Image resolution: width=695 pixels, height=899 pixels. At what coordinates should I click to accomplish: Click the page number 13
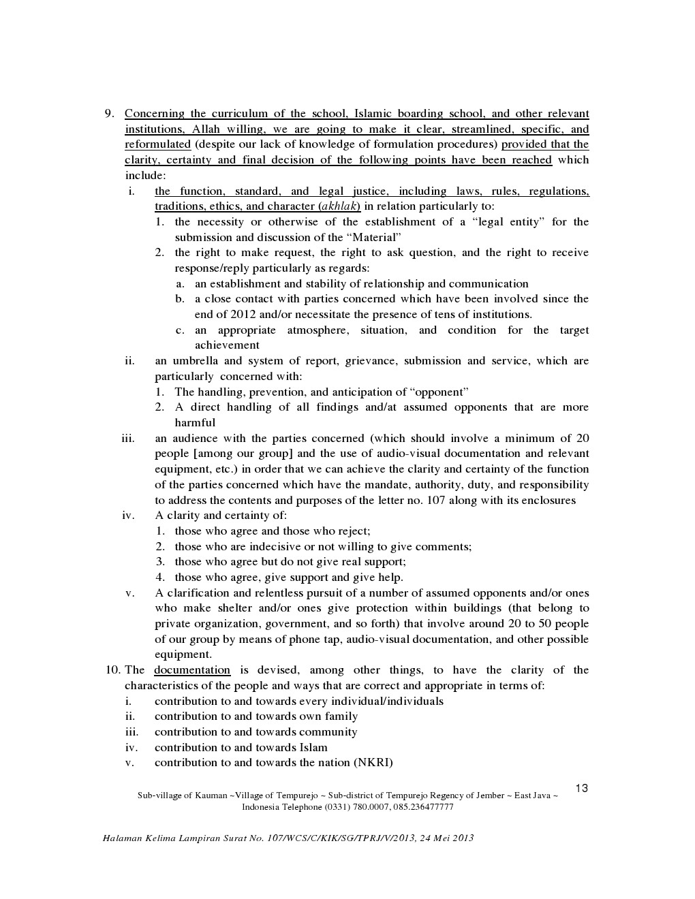(581, 789)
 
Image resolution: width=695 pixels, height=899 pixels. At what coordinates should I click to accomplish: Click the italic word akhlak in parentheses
(339, 206)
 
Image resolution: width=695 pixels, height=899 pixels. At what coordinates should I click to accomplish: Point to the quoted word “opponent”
(440, 392)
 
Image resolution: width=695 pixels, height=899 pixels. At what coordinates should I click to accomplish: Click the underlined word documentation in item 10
(192, 670)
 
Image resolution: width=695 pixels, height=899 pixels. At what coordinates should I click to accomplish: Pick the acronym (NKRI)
(373, 763)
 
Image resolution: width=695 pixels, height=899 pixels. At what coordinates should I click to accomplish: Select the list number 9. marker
(109, 114)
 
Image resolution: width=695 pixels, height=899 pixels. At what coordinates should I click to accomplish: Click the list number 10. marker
(112, 670)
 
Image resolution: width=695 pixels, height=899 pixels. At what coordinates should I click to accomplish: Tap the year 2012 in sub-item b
(243, 315)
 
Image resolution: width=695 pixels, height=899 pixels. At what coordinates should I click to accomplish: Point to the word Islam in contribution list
(313, 748)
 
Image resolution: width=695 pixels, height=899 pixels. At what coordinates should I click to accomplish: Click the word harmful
(195, 423)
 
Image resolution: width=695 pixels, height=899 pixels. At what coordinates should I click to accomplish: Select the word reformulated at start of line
(157, 144)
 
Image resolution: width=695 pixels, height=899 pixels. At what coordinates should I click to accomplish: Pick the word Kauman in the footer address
(211, 795)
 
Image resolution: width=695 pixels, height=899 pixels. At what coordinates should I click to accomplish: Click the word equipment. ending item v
(183, 655)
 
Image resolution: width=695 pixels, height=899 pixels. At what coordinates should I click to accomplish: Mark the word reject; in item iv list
(354, 531)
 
